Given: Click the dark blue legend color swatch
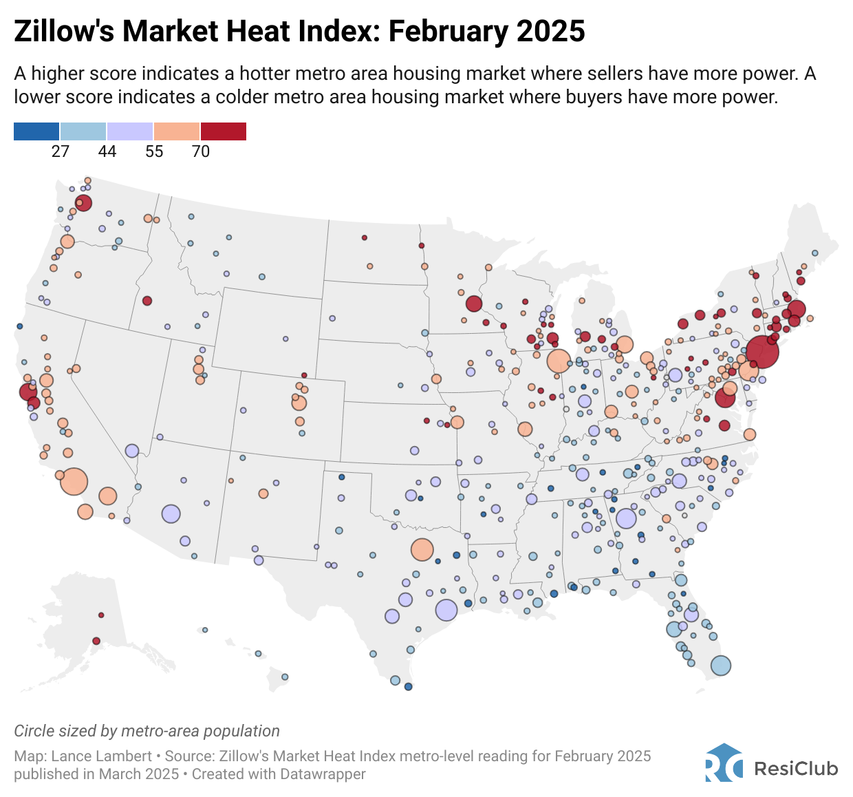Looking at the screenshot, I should (36, 131).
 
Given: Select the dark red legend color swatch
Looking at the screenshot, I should (224, 131).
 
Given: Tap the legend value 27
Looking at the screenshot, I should (61, 151).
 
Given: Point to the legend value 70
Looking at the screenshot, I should (201, 151).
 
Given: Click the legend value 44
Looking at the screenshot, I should (107, 151).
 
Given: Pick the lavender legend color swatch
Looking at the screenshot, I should (130, 131).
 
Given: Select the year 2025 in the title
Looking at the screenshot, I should (550, 32).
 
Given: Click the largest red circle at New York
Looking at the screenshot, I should (762, 352).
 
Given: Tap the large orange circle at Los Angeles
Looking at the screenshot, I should (74, 481).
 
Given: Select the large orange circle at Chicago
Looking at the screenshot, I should (559, 361).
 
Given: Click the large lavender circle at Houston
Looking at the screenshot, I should (446, 610).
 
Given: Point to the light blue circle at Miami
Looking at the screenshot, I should (720, 666).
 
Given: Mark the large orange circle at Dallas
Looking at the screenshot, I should (422, 550).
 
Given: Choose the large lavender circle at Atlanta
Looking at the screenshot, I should (626, 518).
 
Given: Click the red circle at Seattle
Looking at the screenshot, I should (84, 202).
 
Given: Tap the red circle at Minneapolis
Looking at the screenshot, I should (473, 304).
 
